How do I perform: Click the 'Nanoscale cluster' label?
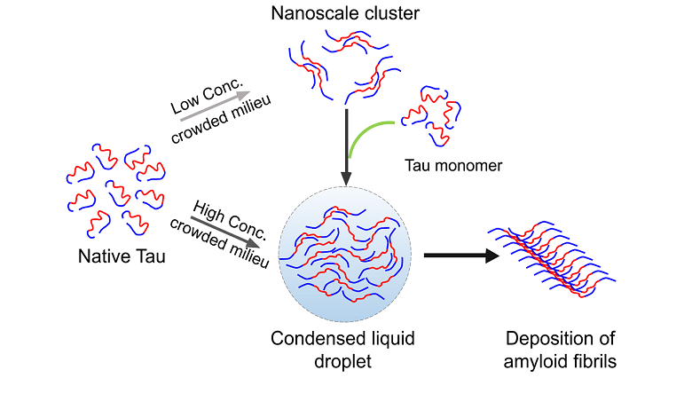pos(345,12)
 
